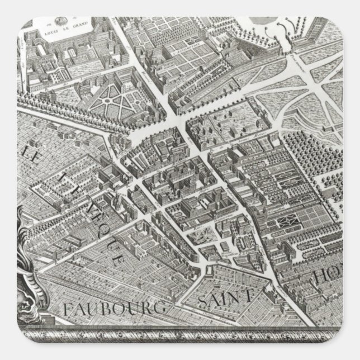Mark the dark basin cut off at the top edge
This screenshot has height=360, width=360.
click(x=259, y=20)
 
